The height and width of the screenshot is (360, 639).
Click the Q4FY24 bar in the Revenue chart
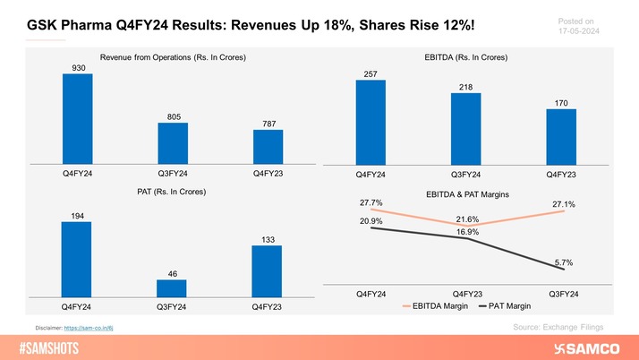77,118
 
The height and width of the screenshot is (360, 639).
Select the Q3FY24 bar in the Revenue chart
173,142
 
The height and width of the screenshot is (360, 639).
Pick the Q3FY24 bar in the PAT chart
173,287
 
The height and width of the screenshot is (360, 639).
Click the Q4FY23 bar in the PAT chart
268,270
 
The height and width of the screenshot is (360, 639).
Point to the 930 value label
77,66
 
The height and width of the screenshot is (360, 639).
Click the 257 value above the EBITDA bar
370,73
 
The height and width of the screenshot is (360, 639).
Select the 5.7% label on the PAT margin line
562,262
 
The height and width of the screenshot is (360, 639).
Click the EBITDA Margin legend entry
439,306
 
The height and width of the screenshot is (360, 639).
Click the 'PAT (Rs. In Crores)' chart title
172,193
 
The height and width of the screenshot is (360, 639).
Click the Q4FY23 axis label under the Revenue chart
268,172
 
